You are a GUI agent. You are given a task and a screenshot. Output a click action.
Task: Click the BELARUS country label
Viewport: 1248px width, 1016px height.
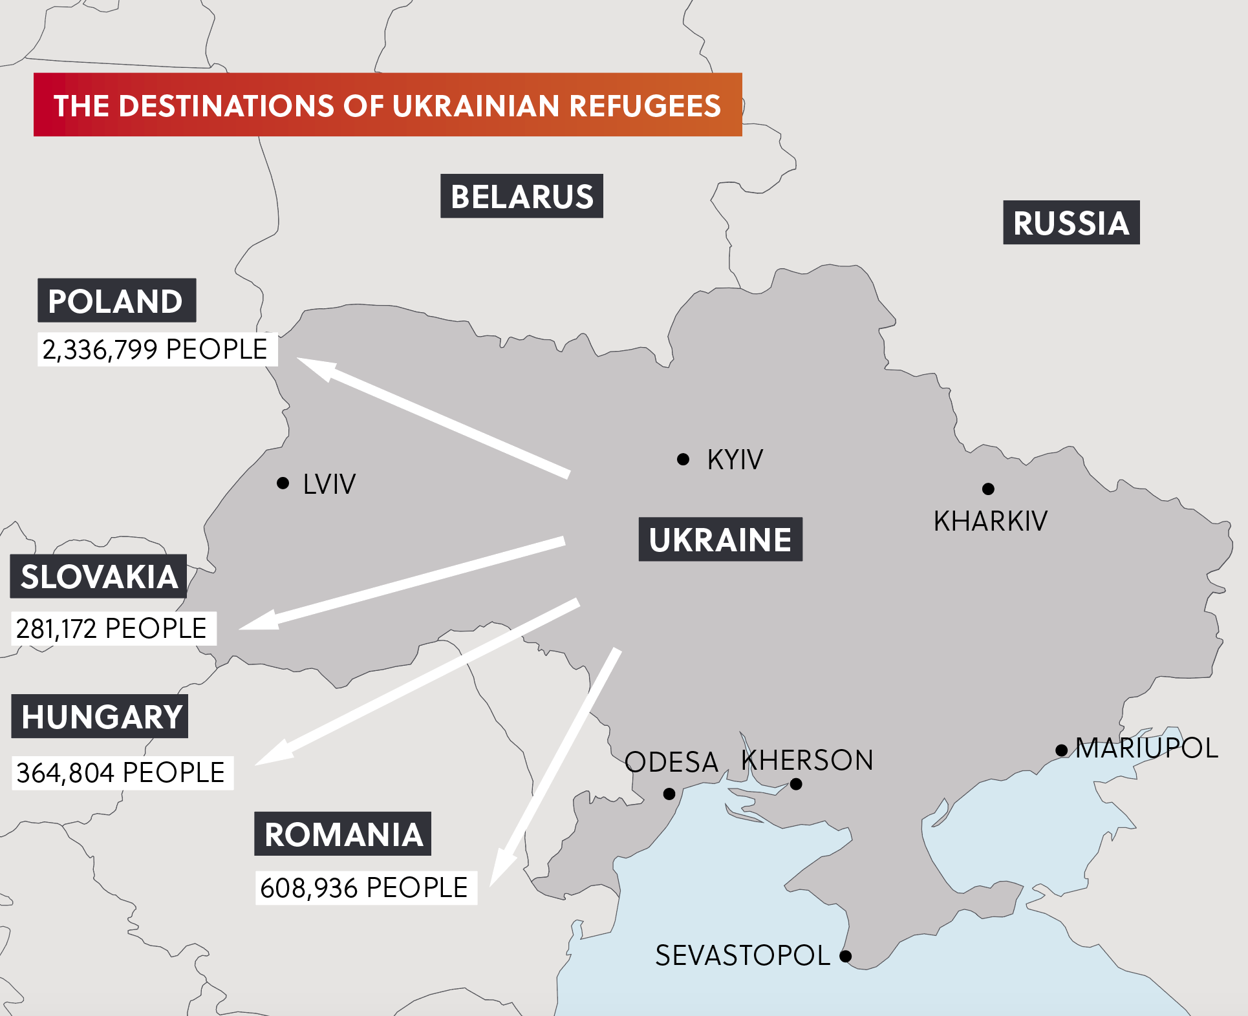tap(521, 196)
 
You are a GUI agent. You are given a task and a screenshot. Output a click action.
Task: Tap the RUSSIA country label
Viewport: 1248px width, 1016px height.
tap(1071, 222)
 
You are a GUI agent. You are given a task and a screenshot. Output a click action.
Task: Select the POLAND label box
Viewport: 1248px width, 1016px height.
tap(116, 301)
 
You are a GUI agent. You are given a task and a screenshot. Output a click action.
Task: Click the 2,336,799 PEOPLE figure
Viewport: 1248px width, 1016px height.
tap(155, 350)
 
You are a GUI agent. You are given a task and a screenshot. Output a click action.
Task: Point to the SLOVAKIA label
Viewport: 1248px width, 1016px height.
tap(99, 576)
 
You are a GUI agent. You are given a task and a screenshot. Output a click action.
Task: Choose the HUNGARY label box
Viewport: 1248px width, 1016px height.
tap(100, 716)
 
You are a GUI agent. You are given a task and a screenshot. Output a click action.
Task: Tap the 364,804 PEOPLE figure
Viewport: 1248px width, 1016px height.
tap(121, 773)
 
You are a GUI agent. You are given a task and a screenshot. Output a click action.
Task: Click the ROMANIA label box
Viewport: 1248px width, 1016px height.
tap(343, 834)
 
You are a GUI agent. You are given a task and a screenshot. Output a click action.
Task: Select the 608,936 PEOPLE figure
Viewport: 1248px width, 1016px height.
tap(364, 887)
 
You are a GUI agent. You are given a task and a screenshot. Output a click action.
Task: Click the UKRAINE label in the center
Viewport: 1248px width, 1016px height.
tap(720, 539)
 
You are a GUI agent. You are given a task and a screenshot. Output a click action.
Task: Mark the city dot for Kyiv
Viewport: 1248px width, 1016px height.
tap(683, 460)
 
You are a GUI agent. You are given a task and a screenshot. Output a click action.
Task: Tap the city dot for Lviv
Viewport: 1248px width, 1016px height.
tap(283, 483)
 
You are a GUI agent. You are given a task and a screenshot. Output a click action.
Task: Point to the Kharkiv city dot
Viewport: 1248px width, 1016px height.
tap(988, 489)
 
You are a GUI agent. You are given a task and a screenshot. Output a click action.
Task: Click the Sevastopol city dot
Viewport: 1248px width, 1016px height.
tap(846, 956)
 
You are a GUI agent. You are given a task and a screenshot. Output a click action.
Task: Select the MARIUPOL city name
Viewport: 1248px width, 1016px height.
tap(1146, 748)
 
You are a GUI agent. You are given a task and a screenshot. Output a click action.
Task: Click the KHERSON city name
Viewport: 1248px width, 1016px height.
tap(807, 760)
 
